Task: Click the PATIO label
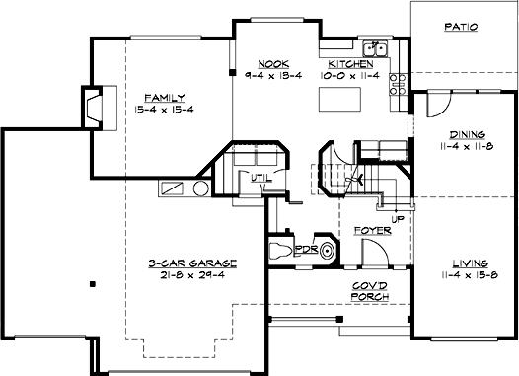(460, 28)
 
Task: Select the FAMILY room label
(160, 99)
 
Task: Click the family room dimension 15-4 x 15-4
(160, 112)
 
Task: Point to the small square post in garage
(92, 284)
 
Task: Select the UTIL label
(259, 179)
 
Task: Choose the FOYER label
(373, 231)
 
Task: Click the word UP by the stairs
(399, 219)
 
